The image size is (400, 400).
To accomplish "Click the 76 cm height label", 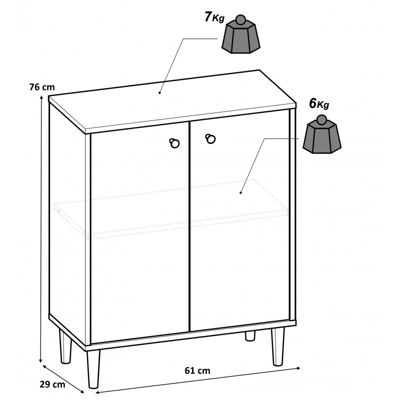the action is (x=42, y=87).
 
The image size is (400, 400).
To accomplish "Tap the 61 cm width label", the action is (x=197, y=370).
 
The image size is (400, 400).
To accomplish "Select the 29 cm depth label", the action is (x=52, y=384).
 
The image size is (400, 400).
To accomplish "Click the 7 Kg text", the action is (x=214, y=17).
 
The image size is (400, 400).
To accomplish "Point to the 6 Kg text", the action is (x=319, y=104).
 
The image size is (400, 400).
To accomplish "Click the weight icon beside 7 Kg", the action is (x=241, y=34).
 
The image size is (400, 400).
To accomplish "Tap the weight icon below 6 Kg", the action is (x=321, y=134).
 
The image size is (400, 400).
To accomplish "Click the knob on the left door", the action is (x=174, y=143).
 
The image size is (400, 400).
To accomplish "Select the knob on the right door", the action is (x=210, y=138).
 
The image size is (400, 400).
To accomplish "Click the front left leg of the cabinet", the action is (x=93, y=369).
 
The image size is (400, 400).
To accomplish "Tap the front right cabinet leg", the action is (x=277, y=346).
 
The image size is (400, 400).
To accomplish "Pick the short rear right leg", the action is (x=250, y=335).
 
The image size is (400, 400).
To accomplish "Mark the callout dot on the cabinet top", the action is (x=159, y=92).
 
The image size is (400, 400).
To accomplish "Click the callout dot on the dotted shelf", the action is (x=240, y=192).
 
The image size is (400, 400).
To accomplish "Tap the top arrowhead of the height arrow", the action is (x=41, y=97).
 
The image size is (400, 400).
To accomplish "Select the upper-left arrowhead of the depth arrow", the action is (x=44, y=367).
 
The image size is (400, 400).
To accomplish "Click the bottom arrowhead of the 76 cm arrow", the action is (x=40, y=360).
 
